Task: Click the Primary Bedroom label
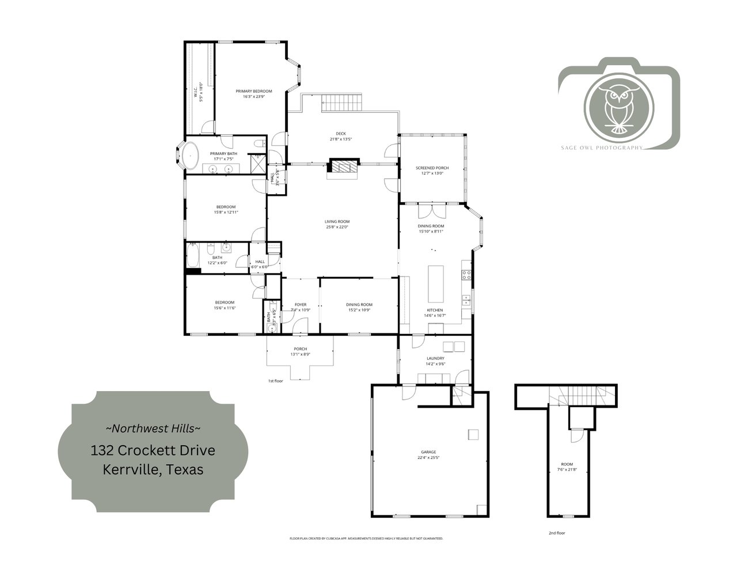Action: pyautogui.click(x=253, y=91)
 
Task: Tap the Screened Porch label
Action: pyautogui.click(x=432, y=168)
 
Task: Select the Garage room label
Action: pyautogui.click(x=427, y=452)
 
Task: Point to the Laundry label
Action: pyautogui.click(x=435, y=358)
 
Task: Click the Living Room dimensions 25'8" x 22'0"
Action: pyautogui.click(x=337, y=227)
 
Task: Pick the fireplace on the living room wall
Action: pyautogui.click(x=342, y=166)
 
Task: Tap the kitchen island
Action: pyautogui.click(x=436, y=283)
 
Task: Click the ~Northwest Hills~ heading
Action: pyautogui.click(x=153, y=428)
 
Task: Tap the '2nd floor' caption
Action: pyautogui.click(x=557, y=533)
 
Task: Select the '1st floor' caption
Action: pyautogui.click(x=276, y=381)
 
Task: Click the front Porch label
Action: pyautogui.click(x=300, y=349)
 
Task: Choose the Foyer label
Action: pyautogui.click(x=301, y=305)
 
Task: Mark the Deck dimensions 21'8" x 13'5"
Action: pyautogui.click(x=341, y=139)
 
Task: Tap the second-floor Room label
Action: pyautogui.click(x=567, y=464)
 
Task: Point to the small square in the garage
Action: pyautogui.click(x=473, y=434)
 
